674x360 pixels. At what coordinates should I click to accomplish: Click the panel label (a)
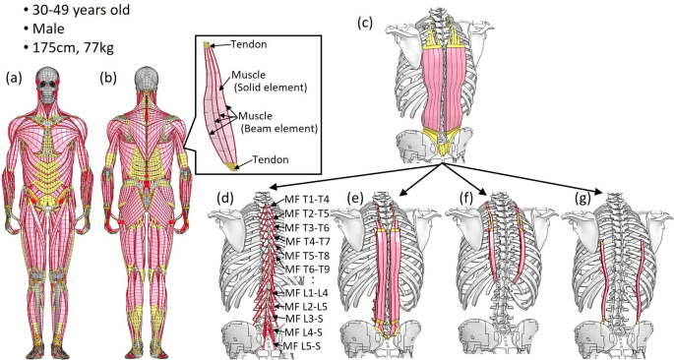pos(14,77)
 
